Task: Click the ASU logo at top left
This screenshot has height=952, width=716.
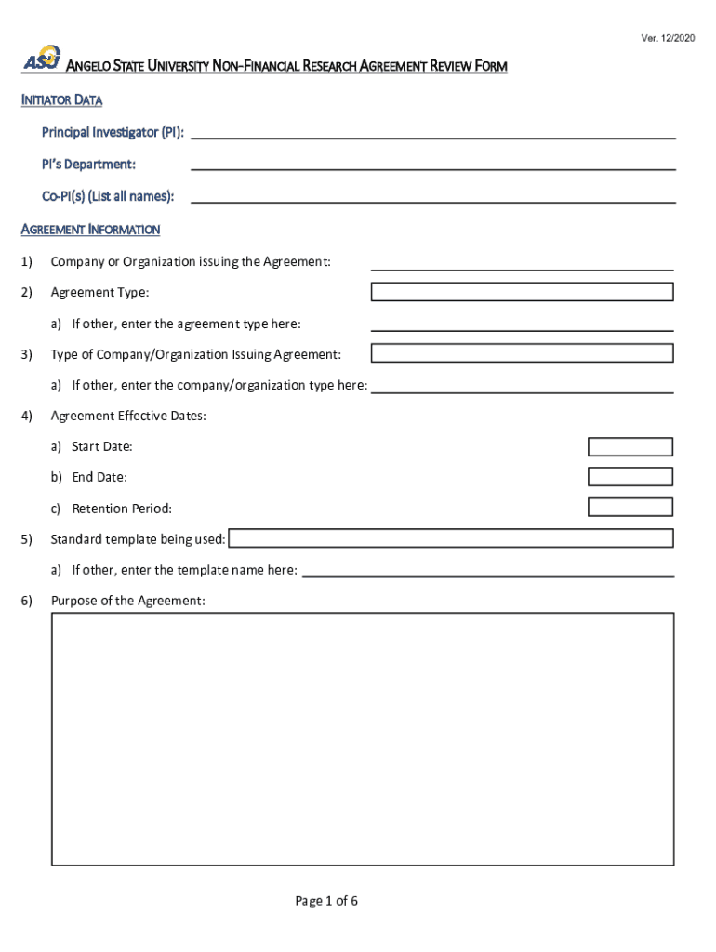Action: pos(42,59)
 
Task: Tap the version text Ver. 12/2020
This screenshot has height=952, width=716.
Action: pos(667,37)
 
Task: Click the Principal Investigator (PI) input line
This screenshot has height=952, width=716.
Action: pos(432,132)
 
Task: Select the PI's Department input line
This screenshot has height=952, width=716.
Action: pos(432,164)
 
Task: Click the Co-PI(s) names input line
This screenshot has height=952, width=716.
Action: pos(432,196)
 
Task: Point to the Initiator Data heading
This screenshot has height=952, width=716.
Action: pos(61,100)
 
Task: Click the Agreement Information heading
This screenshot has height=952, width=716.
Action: pos(90,230)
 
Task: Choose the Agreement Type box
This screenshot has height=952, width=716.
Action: pos(522,292)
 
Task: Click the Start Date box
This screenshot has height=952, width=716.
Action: pos(630,447)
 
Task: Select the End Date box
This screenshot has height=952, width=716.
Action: pos(630,477)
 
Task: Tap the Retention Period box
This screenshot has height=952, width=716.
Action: pos(630,508)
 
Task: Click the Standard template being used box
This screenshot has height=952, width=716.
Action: pos(451,538)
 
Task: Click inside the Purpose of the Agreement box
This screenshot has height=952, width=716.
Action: pos(362,739)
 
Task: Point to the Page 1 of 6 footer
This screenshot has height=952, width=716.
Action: pos(326,901)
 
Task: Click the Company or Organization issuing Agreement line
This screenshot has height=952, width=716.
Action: pos(522,264)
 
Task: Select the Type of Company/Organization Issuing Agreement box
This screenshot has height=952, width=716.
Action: pos(522,353)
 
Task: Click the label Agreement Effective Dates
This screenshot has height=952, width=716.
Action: pos(128,416)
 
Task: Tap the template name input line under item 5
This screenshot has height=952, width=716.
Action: pos(488,571)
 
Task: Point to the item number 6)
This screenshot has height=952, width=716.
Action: pos(27,601)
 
